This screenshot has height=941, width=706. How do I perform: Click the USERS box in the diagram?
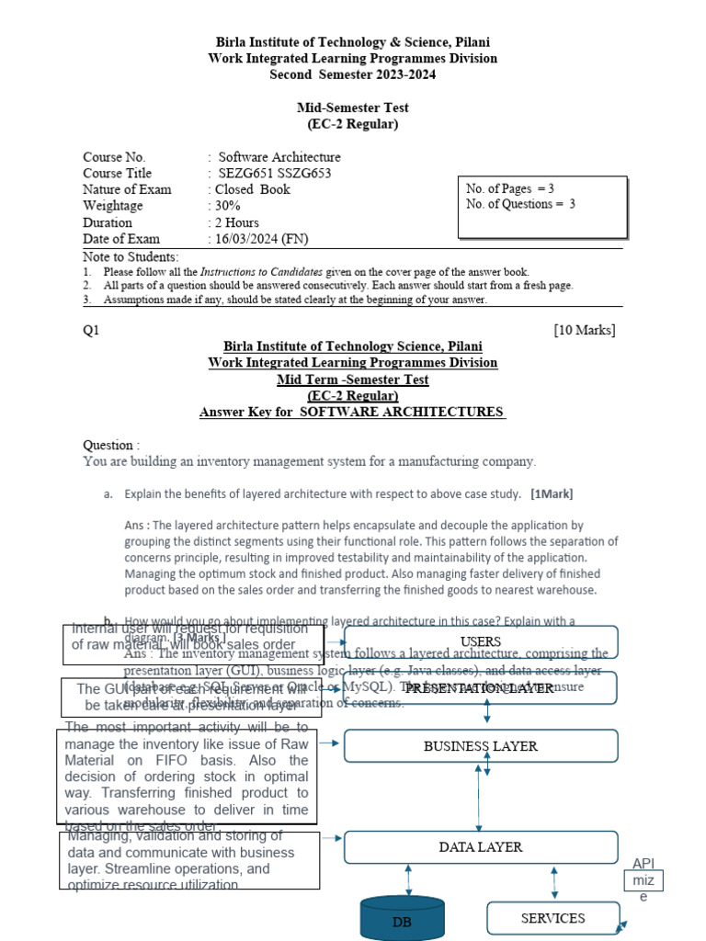pyautogui.click(x=480, y=641)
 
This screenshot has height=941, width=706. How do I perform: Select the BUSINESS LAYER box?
pyautogui.click(x=480, y=746)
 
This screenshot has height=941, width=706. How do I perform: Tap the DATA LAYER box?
pyautogui.click(x=480, y=846)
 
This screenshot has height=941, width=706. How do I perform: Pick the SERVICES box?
pyautogui.click(x=552, y=918)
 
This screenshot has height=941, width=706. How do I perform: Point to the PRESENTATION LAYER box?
pyautogui.click(x=480, y=688)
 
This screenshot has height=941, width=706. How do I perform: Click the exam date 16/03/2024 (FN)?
pyautogui.click(x=262, y=239)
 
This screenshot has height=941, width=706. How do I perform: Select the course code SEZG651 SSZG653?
pyautogui.click(x=274, y=173)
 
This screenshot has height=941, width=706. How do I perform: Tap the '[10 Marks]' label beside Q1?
pyautogui.click(x=584, y=330)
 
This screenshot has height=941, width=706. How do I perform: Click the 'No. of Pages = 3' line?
pyautogui.click(x=510, y=188)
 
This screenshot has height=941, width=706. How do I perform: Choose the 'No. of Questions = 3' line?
pyautogui.click(x=520, y=204)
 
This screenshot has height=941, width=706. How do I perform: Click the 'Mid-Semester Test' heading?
pyautogui.click(x=352, y=108)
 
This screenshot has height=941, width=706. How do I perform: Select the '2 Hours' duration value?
pyautogui.click(x=237, y=222)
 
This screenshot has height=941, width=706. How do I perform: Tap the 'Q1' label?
pyautogui.click(x=91, y=330)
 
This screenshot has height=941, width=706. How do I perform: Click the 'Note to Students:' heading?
pyautogui.click(x=131, y=256)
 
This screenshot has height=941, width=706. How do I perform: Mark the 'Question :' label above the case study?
pyautogui.click(x=112, y=445)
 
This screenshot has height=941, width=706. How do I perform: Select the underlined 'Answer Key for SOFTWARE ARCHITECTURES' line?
pyautogui.click(x=352, y=412)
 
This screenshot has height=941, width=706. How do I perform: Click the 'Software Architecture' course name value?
pyautogui.click(x=279, y=157)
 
